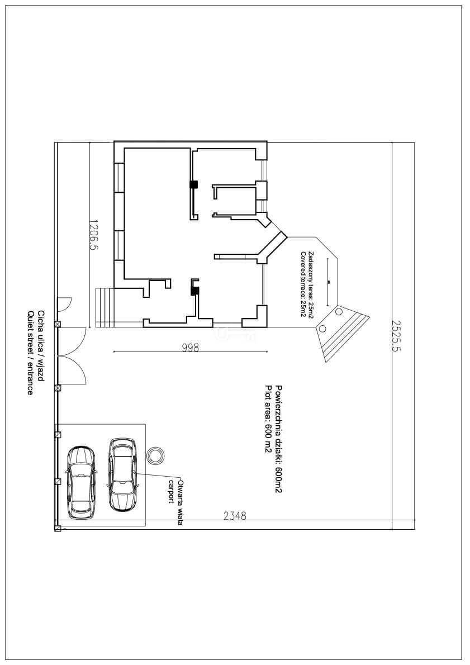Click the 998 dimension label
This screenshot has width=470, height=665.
pos(191,348)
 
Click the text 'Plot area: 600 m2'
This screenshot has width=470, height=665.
pos(268,420)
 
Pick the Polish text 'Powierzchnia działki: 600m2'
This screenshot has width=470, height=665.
pos(279,439)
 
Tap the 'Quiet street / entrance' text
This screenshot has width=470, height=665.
pos(30,353)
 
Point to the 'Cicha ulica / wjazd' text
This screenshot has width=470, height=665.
pos(41,346)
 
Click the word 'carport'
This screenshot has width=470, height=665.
pos(172,491)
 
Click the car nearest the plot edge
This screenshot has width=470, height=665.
pos(80,482)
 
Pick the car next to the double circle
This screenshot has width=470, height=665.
pos(122,474)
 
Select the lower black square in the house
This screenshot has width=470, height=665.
pos(194,291)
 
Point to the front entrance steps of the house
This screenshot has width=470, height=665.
pos(105,307)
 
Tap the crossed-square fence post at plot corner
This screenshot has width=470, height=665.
pos(58,528)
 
